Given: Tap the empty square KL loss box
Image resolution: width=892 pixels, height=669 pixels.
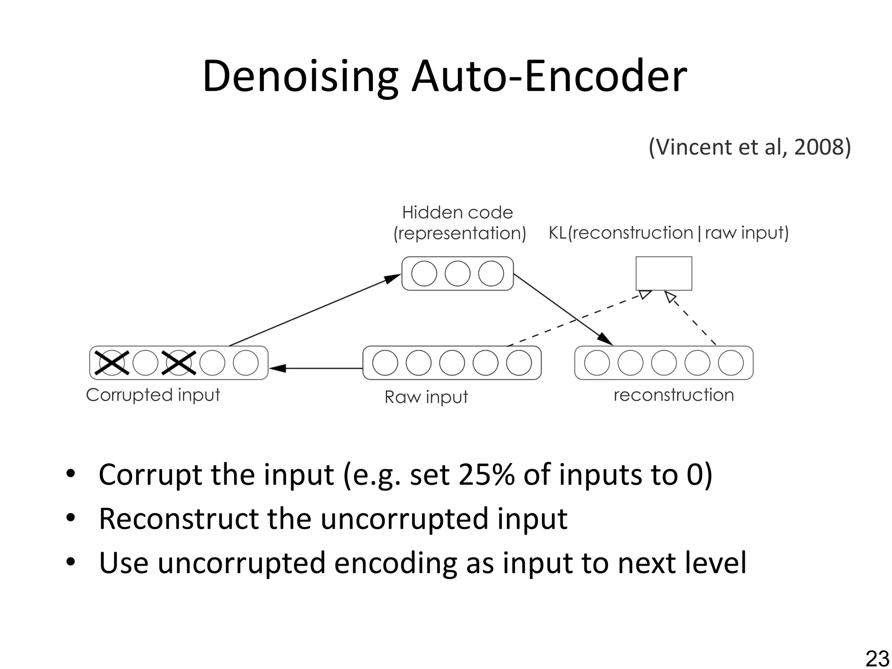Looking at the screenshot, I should [664, 274].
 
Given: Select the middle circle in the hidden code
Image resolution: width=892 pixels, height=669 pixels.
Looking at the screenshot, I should [457, 274].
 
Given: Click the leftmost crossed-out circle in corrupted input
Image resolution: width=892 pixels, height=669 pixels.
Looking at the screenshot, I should [112, 363].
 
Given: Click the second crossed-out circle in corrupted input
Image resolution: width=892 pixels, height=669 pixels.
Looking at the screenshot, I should [179, 363].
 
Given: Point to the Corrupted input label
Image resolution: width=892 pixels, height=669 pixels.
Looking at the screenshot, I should [153, 395].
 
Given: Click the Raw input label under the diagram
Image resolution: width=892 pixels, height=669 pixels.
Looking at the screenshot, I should [426, 397].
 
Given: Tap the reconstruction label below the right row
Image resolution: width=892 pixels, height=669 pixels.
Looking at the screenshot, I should [674, 395].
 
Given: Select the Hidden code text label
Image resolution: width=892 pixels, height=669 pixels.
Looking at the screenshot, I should [457, 213].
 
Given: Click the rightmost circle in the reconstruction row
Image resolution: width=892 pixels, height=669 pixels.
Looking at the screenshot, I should [731, 363].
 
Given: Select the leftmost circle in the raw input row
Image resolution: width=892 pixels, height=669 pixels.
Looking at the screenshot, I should [385, 363].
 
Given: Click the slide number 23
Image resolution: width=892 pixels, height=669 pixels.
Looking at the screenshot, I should [877, 659].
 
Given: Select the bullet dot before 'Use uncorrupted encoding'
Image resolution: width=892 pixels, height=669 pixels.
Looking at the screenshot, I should [71, 562].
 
